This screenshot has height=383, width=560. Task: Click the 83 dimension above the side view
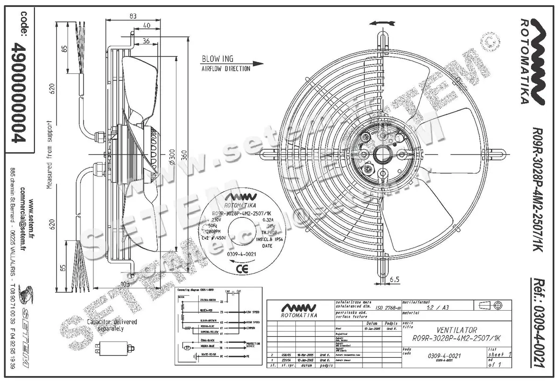coord(133,16)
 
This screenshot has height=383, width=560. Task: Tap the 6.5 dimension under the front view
coord(394,279)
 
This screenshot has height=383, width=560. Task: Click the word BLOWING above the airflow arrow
coord(217,59)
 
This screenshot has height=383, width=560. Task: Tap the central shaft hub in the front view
coord(384,153)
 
